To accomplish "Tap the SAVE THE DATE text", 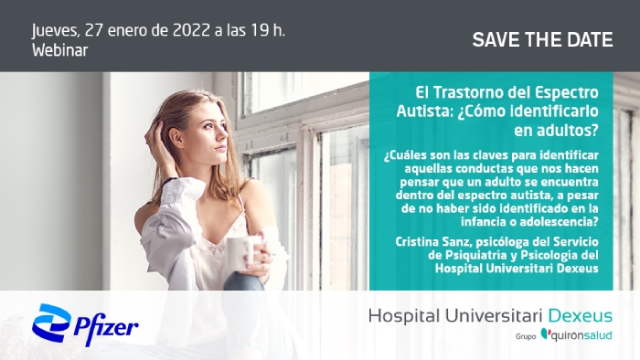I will point(542,39).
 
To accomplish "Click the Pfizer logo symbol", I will point(52,324).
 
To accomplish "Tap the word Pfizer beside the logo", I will point(107,327).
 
